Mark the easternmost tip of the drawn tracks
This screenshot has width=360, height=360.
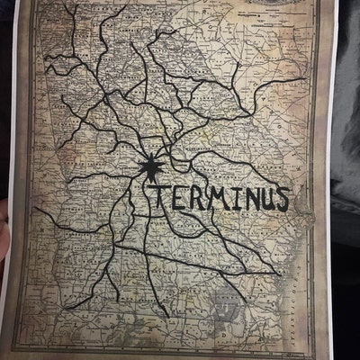pos(306,79)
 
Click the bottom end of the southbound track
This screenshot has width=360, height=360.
pos(167,315)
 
